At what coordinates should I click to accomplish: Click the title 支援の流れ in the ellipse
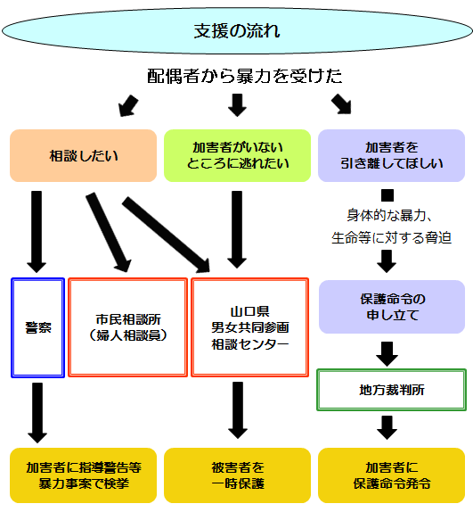pos(236,31)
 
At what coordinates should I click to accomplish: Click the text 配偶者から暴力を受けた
pos(244,76)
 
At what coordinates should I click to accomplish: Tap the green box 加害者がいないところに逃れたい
pos(237,156)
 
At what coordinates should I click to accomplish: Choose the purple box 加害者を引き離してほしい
pos(391,156)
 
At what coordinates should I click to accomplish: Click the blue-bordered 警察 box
pos(38,327)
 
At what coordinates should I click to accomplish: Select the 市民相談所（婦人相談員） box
pos(127,327)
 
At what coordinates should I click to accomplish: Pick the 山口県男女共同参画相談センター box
pos(250,327)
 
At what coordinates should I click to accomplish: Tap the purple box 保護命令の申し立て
pos(391,307)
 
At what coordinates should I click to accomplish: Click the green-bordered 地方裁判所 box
pos(391,391)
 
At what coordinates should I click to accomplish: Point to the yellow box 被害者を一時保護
pos(237,475)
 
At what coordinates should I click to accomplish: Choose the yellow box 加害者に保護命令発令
pos(391,475)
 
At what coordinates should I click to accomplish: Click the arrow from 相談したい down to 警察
pos(37,230)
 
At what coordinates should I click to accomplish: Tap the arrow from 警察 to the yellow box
pos(37,411)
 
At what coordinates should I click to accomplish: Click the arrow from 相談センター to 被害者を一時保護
pos(236,411)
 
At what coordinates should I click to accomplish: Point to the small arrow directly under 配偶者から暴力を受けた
pos(236,104)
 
